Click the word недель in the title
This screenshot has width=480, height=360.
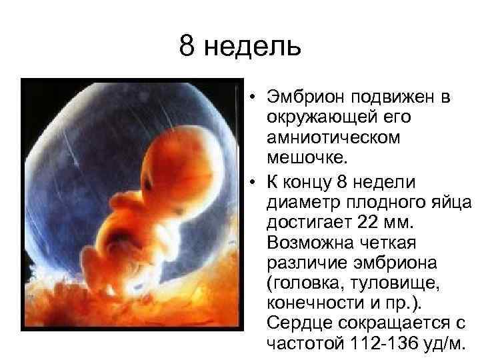(x=253, y=47)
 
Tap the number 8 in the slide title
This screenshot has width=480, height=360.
(x=187, y=47)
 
